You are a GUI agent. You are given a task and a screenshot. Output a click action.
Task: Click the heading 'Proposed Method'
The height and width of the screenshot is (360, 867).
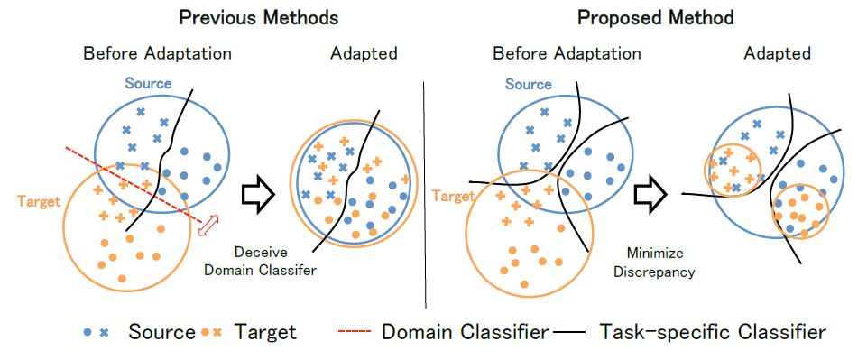pos(656,17)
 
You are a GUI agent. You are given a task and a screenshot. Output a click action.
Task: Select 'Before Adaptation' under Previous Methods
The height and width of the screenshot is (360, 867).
pos(158,53)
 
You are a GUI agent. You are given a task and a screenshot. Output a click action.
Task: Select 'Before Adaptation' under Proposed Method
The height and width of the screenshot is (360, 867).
pos(567,53)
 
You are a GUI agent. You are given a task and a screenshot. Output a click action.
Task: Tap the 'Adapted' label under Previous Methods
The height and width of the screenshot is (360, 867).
pos(364,53)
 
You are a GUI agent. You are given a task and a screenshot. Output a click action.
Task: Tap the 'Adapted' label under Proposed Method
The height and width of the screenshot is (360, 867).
pos(777,53)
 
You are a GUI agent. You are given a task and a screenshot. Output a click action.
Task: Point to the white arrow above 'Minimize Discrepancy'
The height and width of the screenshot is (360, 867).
pos(650,192)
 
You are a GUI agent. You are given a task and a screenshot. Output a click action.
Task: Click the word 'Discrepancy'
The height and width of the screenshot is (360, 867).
pos(662,270)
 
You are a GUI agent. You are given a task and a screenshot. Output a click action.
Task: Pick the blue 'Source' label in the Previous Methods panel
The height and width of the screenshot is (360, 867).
pos(147,84)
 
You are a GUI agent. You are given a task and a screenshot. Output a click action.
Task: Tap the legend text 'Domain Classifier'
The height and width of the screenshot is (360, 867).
pos(465,332)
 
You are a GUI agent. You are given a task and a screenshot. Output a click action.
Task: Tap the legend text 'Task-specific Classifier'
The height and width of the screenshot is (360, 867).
pos(713,332)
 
